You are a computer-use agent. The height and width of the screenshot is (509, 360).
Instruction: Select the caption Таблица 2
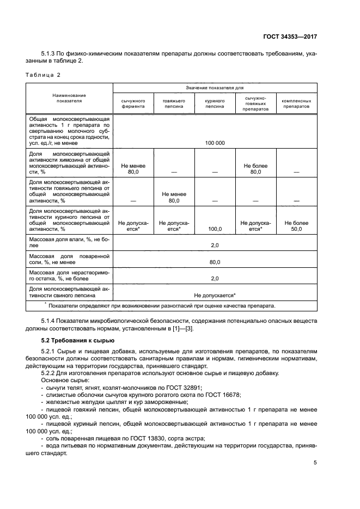[x=45, y=74]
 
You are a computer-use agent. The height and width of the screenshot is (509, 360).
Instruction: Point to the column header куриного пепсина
[x=215, y=103]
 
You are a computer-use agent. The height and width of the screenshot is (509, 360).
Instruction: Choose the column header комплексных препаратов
[x=296, y=103]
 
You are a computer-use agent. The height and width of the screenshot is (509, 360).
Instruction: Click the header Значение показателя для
[x=215, y=87]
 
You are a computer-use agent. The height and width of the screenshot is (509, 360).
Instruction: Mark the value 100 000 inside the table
[x=215, y=143]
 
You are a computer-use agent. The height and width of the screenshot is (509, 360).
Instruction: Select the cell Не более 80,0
[x=255, y=168]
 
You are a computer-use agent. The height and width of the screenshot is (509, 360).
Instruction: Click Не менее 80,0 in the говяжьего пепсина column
[x=174, y=197]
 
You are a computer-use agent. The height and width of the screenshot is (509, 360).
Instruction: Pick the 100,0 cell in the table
[x=215, y=230]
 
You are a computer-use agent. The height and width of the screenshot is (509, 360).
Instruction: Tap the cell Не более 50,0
[x=296, y=226]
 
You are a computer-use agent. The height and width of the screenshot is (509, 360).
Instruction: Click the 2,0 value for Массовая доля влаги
[x=215, y=246]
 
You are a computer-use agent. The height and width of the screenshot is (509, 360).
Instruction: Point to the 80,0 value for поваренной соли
[x=215, y=262]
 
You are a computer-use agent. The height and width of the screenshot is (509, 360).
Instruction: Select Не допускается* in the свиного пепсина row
[x=215, y=295]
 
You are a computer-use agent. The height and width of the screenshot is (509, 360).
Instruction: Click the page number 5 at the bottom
[x=315, y=463]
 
